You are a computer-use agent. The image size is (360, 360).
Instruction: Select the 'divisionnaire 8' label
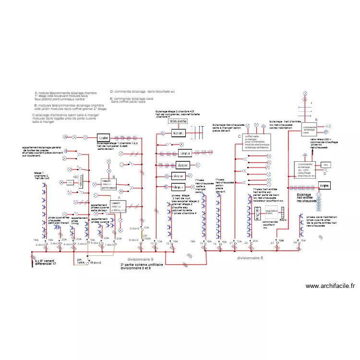pos(250,258)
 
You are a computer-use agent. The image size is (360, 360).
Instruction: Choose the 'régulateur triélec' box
pos(273,212)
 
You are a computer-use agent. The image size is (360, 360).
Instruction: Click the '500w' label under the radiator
pos(283,220)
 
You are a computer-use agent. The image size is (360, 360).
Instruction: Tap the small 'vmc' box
pos(326,165)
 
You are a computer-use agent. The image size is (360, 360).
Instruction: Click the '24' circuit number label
pos(295,242)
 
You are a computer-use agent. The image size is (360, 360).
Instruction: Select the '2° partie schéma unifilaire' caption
pos(142,266)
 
